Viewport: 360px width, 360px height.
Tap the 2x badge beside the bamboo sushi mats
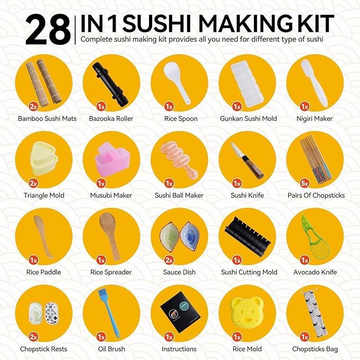coord(33,107)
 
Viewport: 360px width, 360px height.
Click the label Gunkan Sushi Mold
coord(248,119)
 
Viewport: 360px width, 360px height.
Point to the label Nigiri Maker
coord(316,119)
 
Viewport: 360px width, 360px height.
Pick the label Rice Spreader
coord(111,273)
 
